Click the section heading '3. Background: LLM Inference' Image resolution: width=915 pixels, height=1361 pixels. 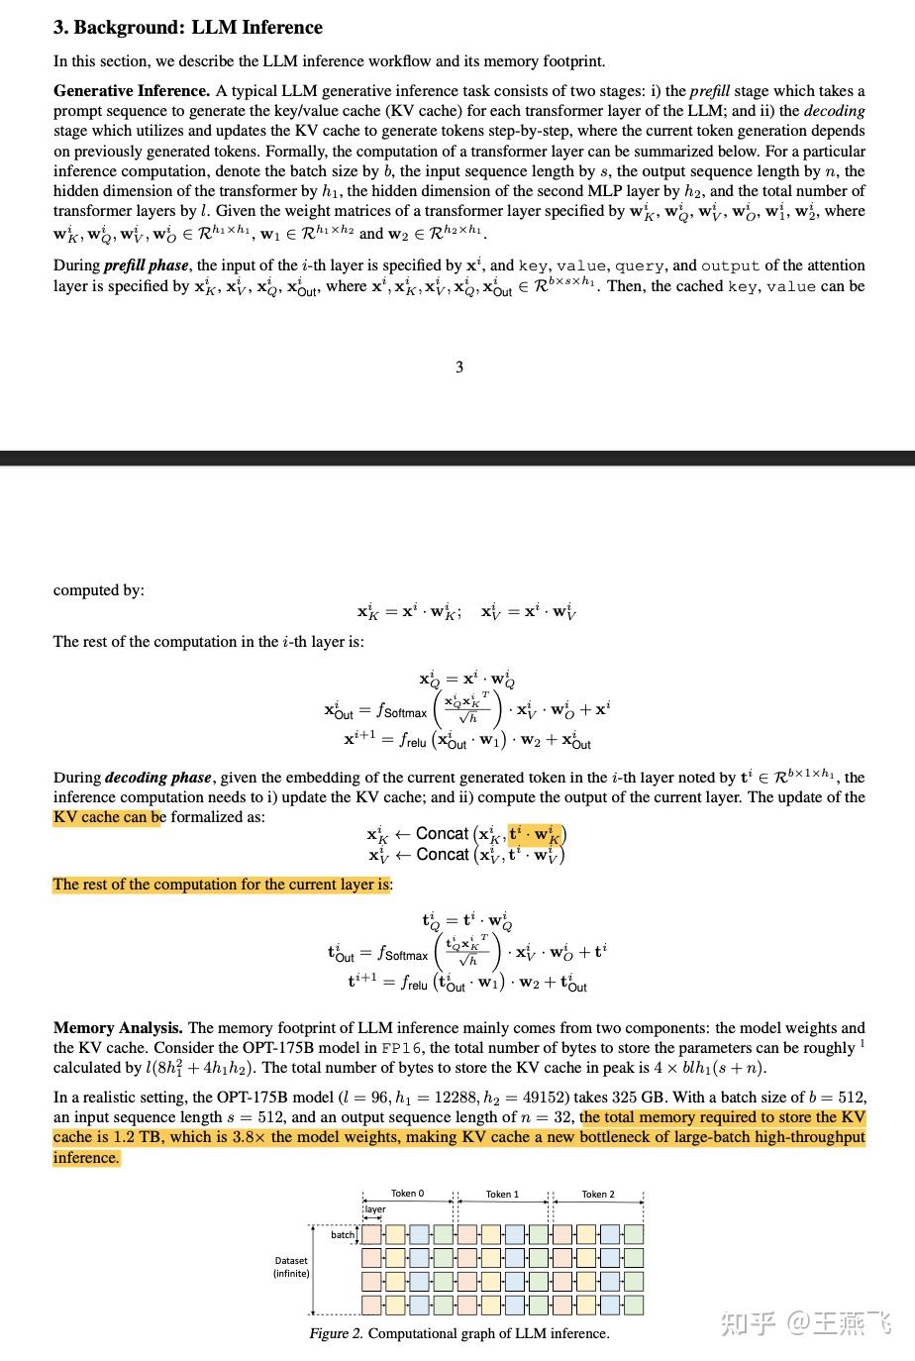coord(188,28)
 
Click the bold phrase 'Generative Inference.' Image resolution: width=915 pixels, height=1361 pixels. coord(132,91)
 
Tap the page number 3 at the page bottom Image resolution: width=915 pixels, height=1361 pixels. coord(459,367)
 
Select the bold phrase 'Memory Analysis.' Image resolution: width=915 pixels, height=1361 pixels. coord(118,1028)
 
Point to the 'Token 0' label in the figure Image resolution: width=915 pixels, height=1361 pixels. coord(407,1194)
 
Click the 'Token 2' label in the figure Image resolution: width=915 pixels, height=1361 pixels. coord(598,1194)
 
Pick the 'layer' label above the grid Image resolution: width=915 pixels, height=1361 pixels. coord(375,1209)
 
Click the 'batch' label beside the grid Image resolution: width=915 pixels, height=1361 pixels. coord(343,1234)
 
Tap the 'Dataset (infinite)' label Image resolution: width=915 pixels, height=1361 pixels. coord(291,1267)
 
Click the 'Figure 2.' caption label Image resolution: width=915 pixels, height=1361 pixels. coord(336,1333)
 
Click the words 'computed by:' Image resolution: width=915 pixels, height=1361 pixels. coord(99,590)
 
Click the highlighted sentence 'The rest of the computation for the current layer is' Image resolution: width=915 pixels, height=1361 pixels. coord(222,885)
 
